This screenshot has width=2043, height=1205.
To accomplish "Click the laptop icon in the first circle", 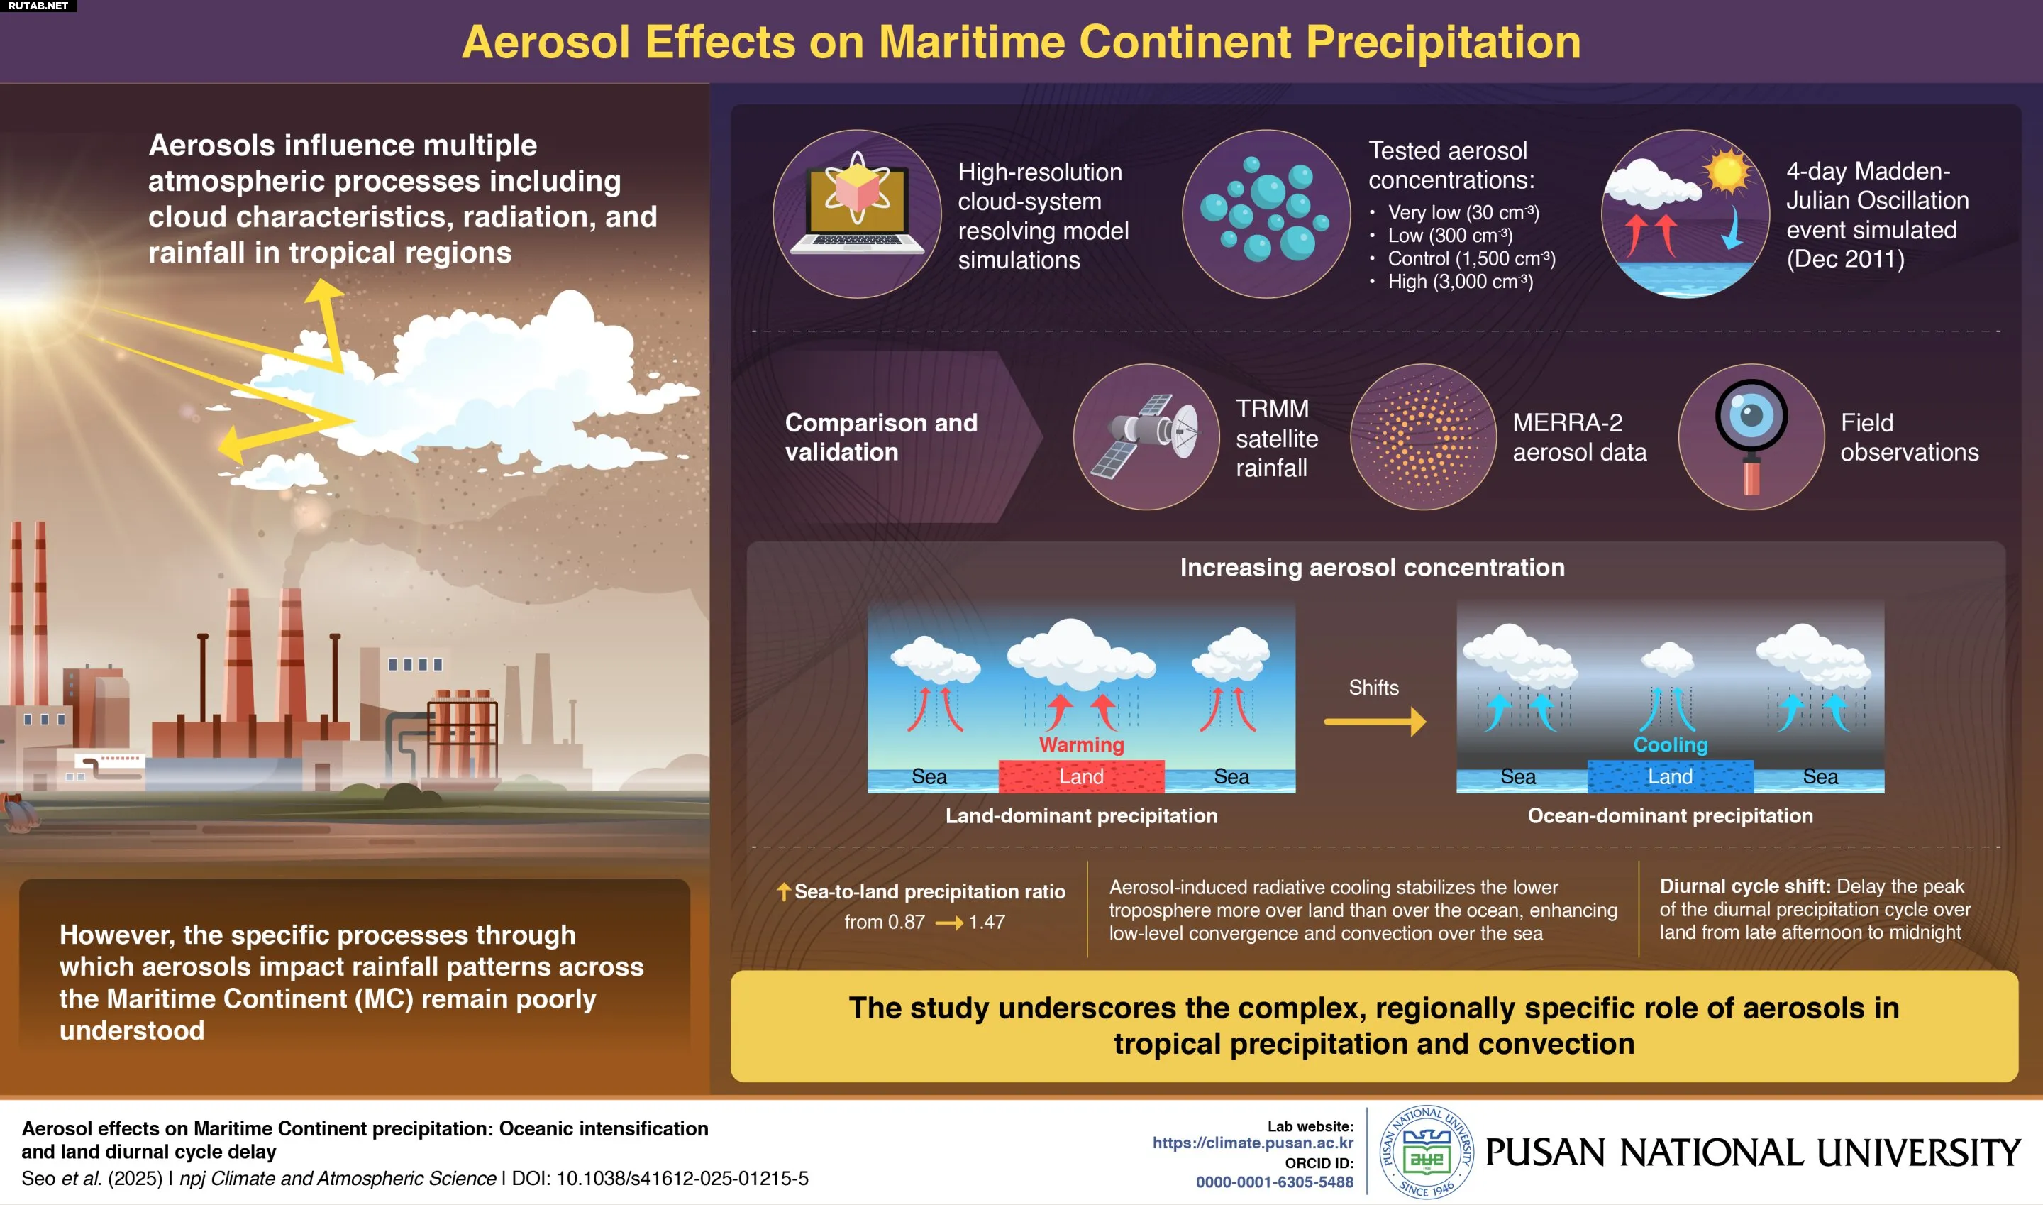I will coord(856,207).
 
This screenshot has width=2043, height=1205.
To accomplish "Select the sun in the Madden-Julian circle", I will coord(1726,170).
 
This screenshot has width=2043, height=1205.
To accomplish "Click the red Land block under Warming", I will coord(1081,776).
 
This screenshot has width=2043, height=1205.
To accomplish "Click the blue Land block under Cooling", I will coord(1670,776).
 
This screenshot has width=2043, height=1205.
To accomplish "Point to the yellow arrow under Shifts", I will coord(1374,721).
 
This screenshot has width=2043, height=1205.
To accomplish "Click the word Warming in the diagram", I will coord(1081,744).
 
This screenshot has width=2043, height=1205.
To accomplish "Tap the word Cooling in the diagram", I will coord(1671,744).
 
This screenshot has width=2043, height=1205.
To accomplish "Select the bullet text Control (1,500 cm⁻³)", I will coord(1471,258).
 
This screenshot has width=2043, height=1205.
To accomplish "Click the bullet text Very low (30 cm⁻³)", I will coord(1463,212).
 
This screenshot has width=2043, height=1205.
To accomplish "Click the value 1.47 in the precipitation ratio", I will coord(987,922).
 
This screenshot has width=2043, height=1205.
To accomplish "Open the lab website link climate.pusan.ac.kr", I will coord(1253,1143).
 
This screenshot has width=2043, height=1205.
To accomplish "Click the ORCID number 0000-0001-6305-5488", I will coord(1274,1182).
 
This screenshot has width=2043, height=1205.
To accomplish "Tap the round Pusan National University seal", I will coord(1426,1151).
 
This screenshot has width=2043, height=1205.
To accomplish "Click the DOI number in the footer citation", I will coord(682,1178).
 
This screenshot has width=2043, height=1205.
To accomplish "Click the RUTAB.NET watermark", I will coord(38,6).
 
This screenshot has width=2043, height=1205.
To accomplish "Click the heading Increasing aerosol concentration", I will coord(1372,567).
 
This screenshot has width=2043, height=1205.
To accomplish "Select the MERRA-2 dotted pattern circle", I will coord(1423,437).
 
